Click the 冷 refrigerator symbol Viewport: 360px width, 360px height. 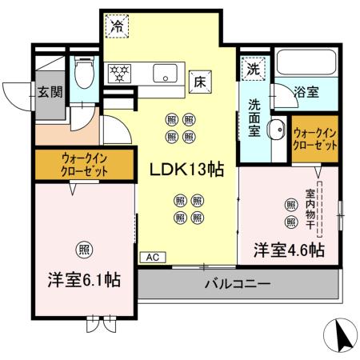point(117,26)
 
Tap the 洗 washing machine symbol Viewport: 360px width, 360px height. point(253,69)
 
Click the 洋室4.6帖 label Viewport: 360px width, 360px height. point(289,250)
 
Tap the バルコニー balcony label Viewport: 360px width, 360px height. point(238,284)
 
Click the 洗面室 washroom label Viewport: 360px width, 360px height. point(253,117)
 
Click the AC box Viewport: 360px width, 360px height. point(150,258)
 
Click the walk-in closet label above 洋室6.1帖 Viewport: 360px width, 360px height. point(83,164)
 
